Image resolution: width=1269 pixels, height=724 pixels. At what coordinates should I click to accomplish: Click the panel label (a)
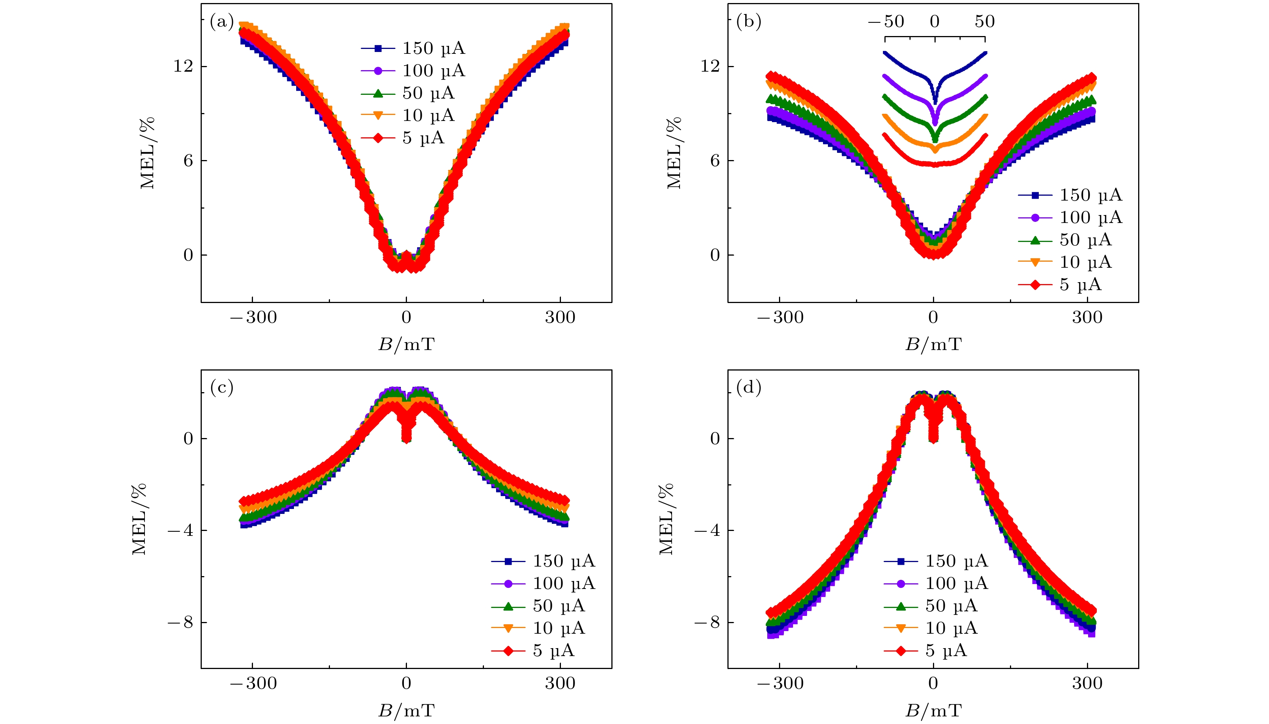click(x=221, y=22)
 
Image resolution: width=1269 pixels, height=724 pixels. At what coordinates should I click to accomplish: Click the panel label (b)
click(x=748, y=22)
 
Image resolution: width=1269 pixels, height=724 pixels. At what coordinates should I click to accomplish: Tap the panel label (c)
click(x=221, y=387)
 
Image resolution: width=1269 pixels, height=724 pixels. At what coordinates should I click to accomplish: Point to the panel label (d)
click(x=748, y=387)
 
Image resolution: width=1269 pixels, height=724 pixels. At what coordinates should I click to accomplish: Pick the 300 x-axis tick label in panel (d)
click(x=1087, y=683)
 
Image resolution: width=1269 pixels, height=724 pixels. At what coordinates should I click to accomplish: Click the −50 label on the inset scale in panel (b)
click(x=886, y=21)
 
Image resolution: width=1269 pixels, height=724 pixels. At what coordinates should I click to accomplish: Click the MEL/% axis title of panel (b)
click(x=674, y=153)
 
